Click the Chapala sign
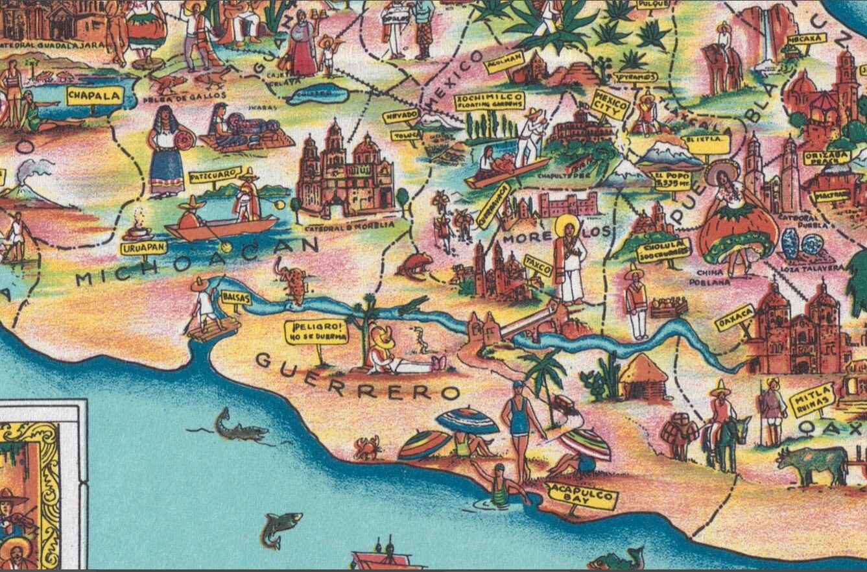click(95, 96)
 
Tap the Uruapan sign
click(143, 248)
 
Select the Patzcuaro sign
click(215, 176)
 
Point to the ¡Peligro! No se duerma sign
click(316, 332)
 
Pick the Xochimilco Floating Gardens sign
click(488, 101)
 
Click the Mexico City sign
click(610, 104)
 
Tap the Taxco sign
click(538, 265)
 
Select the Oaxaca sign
click(735, 318)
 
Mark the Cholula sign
click(663, 249)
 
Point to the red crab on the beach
click(367, 447)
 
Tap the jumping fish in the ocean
click(281, 527)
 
